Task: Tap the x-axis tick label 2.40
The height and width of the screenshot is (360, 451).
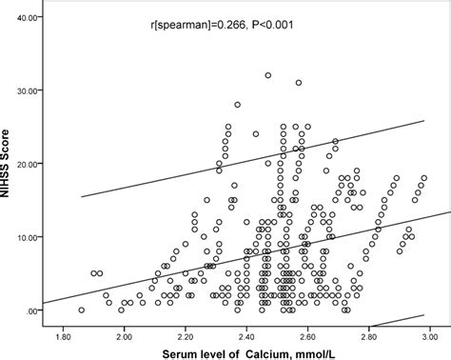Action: [x=245, y=336]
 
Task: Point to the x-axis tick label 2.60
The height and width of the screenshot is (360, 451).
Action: [x=306, y=336]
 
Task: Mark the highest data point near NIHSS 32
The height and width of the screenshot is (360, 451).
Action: [x=268, y=76]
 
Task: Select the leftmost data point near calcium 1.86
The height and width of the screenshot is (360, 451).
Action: [x=81, y=310]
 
